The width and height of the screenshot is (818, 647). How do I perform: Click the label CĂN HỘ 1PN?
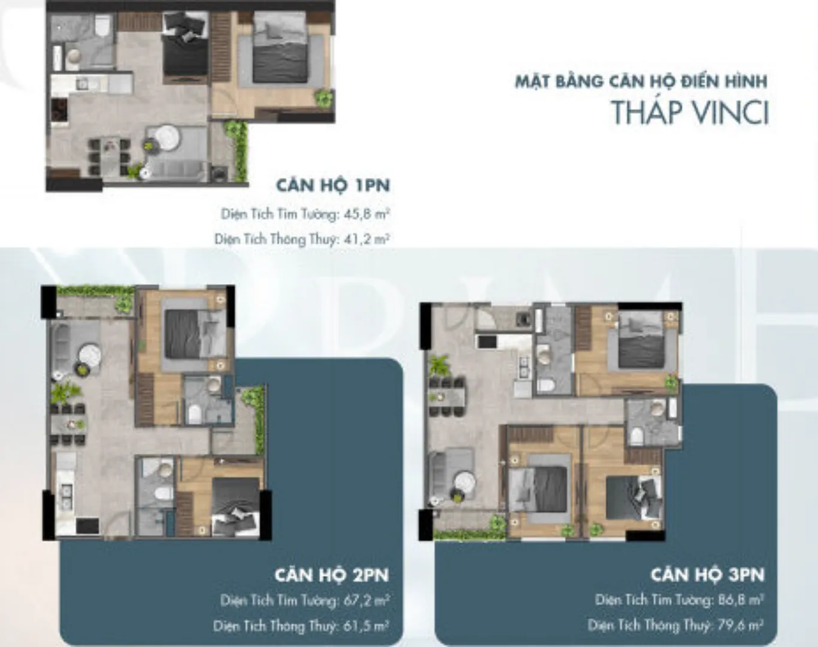click(x=333, y=186)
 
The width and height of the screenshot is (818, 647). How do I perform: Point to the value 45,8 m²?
click(x=367, y=214)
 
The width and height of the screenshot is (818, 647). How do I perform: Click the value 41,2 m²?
click(x=367, y=239)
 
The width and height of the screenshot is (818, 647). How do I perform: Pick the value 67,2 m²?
click(x=366, y=601)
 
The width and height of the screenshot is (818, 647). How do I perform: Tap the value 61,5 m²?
click(x=366, y=626)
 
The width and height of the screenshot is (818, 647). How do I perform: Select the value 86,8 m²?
click(x=741, y=600)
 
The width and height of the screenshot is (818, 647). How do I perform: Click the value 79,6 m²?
click(x=740, y=625)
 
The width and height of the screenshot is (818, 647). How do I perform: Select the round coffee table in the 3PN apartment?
click(x=463, y=483)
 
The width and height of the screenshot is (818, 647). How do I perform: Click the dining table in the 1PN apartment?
click(x=110, y=157)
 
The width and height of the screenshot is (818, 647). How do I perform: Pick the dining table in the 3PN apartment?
click(x=446, y=397)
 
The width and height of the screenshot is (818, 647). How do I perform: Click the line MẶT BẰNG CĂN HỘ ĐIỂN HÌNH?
click(x=641, y=82)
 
